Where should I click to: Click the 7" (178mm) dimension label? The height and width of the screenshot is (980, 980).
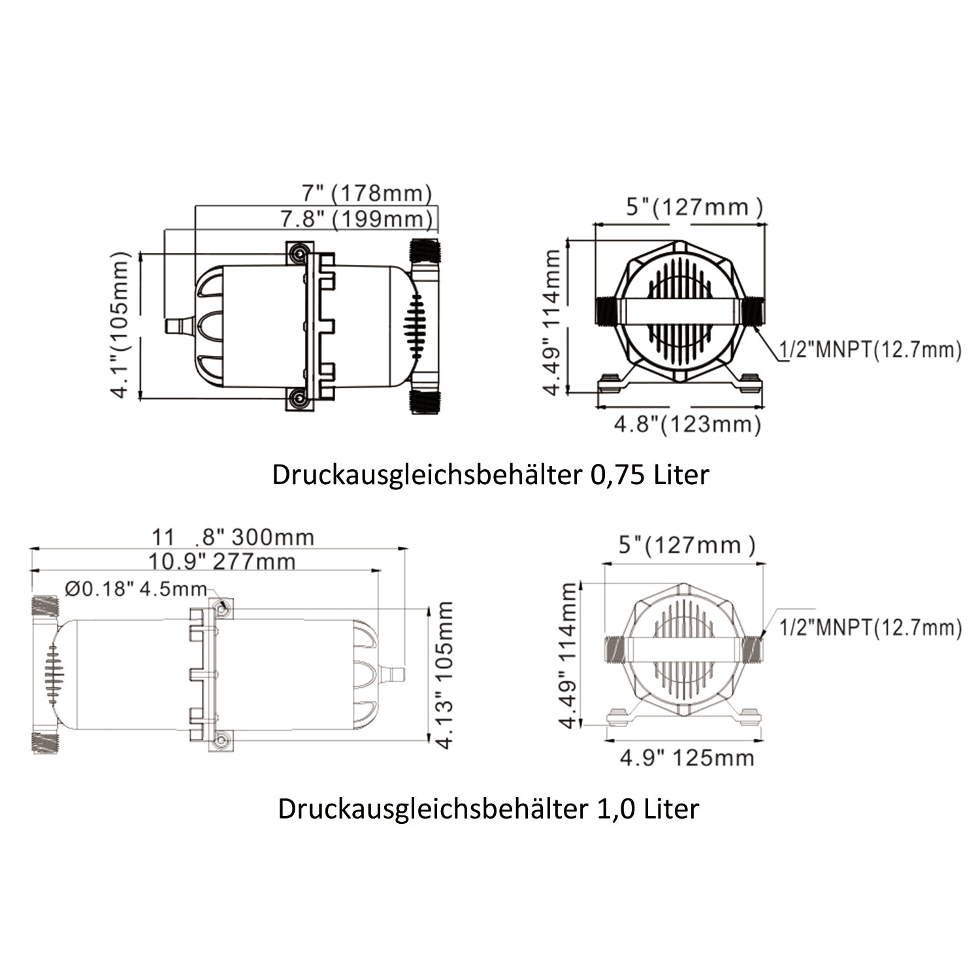tap(367, 193)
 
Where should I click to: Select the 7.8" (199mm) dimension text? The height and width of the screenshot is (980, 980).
tap(357, 219)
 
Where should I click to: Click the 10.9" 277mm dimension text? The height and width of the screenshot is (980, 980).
tap(221, 561)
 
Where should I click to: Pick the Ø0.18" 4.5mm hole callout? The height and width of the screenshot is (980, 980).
tap(136, 589)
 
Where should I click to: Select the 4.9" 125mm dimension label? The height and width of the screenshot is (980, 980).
tap(687, 758)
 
